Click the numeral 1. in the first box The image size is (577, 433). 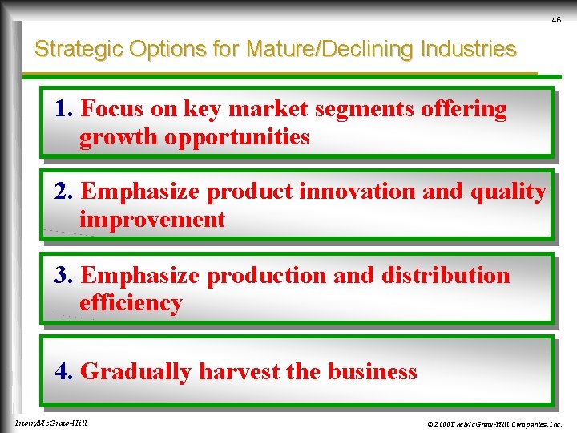(x=65, y=109)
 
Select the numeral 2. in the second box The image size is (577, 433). (x=65, y=192)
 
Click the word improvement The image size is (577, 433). (x=152, y=220)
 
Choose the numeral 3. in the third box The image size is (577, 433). (x=65, y=275)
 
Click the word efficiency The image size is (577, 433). (x=131, y=303)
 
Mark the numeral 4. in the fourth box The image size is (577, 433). (x=65, y=372)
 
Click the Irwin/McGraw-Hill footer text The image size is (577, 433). (x=51, y=423)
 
